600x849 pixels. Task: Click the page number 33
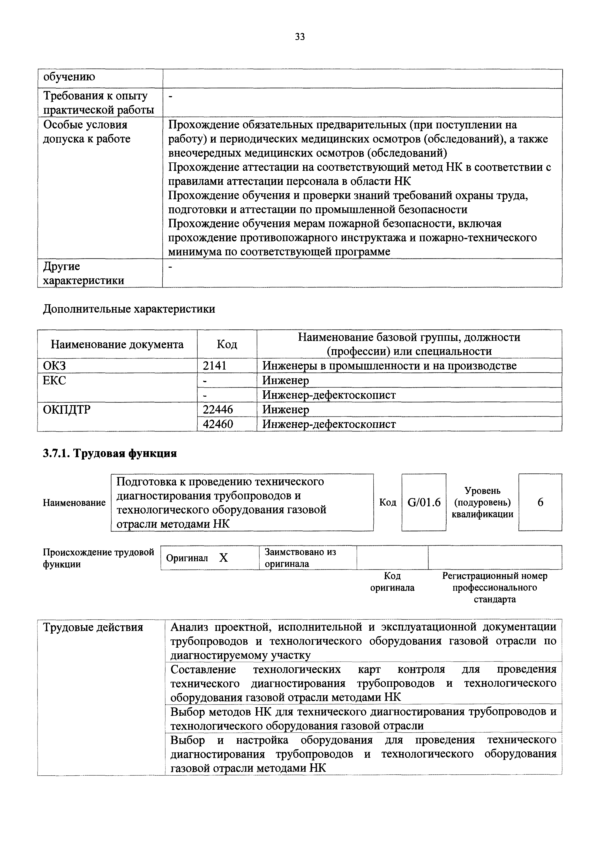300,37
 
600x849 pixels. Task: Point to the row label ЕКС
54,380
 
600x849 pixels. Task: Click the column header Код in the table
227,344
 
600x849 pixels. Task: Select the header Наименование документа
117,344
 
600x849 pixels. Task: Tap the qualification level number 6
540,502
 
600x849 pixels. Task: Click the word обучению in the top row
69,77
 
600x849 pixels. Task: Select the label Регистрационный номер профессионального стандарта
495,588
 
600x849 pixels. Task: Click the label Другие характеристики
83,273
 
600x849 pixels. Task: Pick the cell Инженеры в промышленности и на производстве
389,366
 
